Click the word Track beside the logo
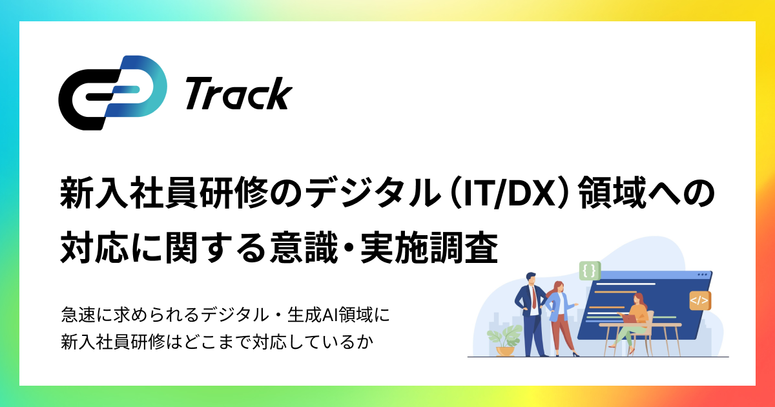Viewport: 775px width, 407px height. pos(238,94)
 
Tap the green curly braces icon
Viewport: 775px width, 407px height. pos(588,271)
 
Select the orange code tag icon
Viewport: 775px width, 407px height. pos(699,300)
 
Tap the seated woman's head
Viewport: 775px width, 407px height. pos(638,298)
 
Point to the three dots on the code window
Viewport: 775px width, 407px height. pos(702,274)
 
